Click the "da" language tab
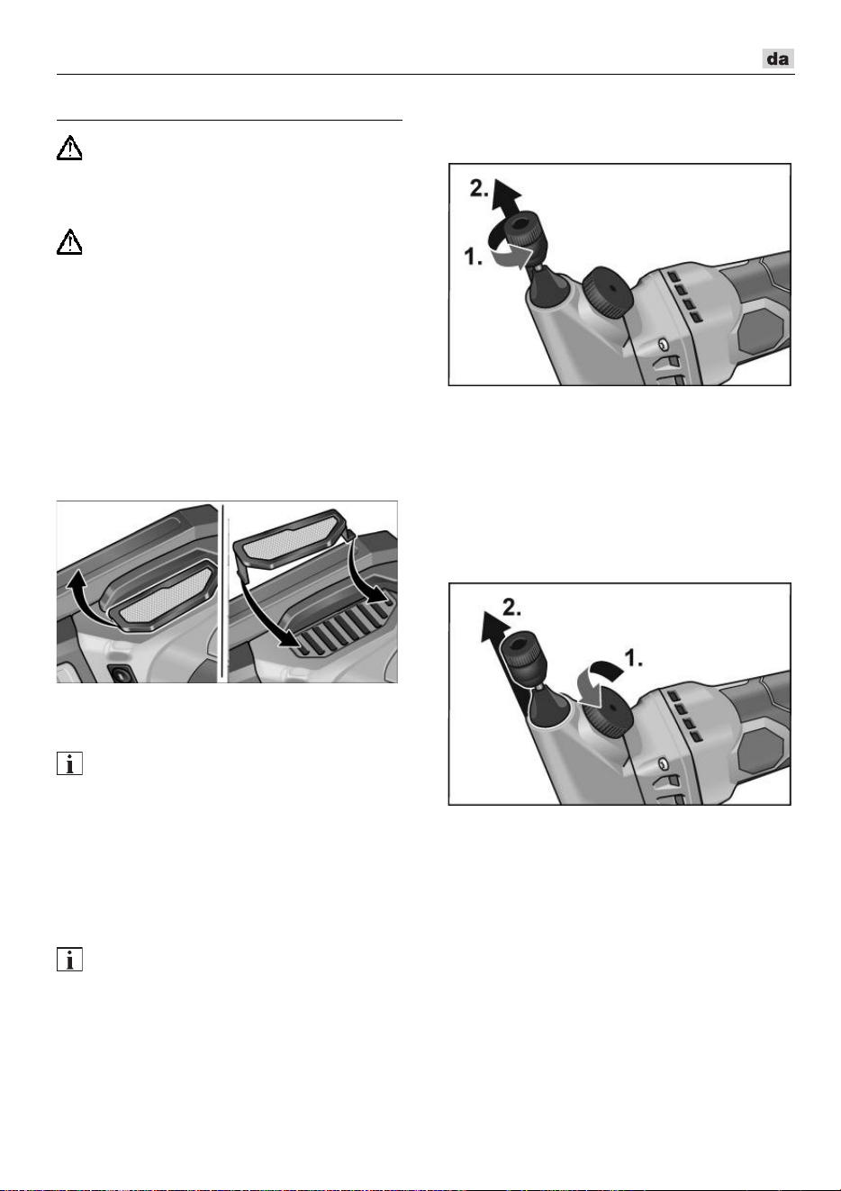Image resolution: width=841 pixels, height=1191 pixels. click(x=777, y=59)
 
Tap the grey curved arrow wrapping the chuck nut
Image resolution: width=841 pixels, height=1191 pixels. click(x=511, y=251)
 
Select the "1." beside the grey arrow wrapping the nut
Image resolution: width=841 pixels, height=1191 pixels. click(x=474, y=257)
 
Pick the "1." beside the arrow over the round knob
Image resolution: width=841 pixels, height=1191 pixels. click(x=634, y=659)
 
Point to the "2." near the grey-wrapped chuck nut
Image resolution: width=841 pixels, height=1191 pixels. click(x=479, y=188)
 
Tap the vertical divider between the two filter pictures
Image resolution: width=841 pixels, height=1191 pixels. click(x=223, y=591)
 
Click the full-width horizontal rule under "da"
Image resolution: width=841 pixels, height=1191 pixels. click(x=426, y=75)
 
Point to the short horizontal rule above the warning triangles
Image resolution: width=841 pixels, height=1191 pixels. click(x=230, y=121)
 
